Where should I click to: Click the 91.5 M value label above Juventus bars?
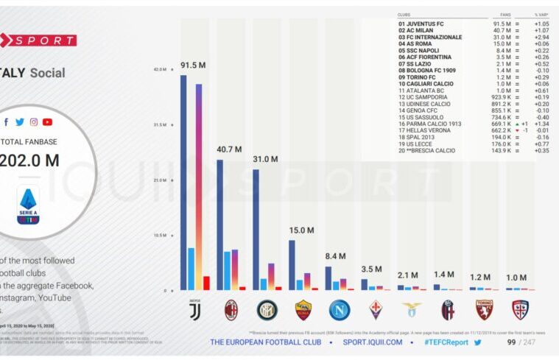pos(193,66)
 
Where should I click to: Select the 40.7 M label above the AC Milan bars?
pos(229,149)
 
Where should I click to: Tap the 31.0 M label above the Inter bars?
pos(265,159)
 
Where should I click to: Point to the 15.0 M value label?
pos(301,230)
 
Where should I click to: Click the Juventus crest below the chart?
pos(195,309)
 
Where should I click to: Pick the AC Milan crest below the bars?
pos(231,310)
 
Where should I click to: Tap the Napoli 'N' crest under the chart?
pos(340,310)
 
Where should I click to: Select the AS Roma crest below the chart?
pos(303,310)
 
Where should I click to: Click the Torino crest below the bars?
pos(484,310)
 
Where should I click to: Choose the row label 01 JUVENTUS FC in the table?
pos(421,24)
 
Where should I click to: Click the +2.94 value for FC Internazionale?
pos(542,37)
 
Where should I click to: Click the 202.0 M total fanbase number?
pos(29,160)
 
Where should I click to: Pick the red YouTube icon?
pos(47,121)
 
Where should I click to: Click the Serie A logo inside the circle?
pos(29,205)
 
